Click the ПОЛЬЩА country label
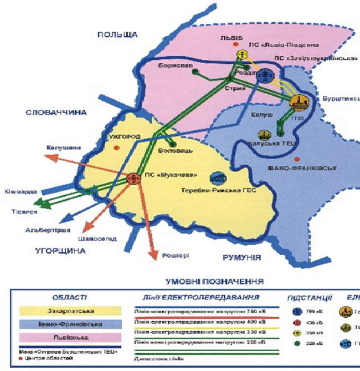117,34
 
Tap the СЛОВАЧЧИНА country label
56,113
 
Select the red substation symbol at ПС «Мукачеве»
133,178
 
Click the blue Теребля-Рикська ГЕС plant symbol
218,178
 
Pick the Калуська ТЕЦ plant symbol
264,135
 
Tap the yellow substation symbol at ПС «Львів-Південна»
241,54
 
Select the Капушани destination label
64,148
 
